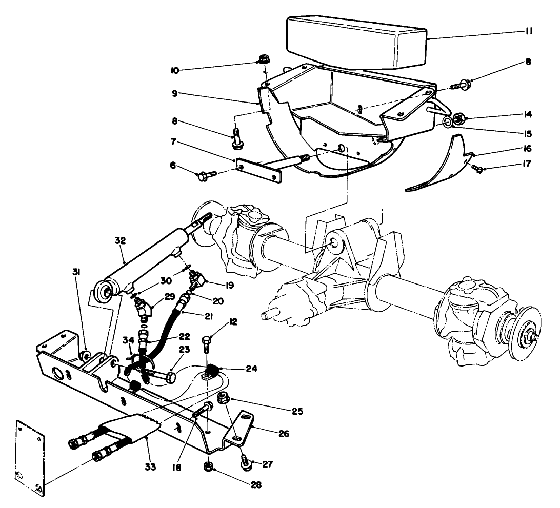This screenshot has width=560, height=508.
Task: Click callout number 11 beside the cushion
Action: (528, 31)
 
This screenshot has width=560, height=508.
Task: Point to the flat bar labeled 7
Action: (259, 170)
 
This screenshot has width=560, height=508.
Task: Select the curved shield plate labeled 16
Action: (441, 164)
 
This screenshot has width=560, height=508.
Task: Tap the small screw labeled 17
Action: (477, 168)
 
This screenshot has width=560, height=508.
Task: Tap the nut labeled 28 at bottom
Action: (208, 466)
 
